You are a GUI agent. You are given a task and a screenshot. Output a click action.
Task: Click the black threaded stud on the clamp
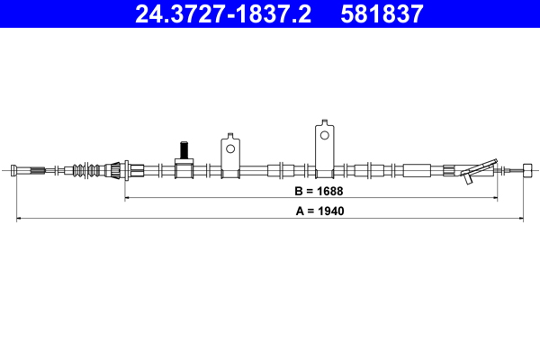tap(183, 148)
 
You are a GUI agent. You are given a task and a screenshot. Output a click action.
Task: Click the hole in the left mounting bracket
tap(230, 148)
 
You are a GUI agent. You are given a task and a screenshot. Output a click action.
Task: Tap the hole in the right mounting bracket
tap(325, 136)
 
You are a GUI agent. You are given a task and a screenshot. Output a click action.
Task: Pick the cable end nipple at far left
tap(19, 169)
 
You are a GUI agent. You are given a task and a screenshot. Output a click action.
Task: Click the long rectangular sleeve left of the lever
tap(418, 169)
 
